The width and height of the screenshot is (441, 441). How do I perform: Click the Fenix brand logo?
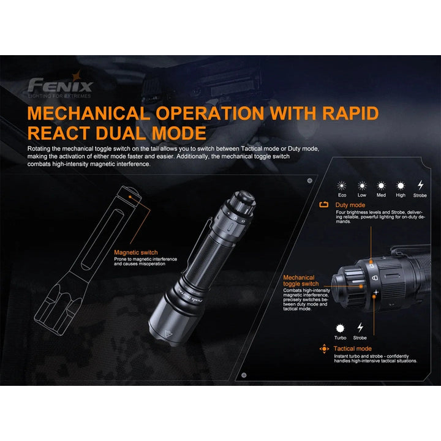tap(59, 86)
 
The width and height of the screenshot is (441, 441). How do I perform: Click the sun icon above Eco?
tap(342, 185)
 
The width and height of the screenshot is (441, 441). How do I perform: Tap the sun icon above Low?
tap(361, 185)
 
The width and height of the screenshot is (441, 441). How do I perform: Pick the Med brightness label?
tap(381, 195)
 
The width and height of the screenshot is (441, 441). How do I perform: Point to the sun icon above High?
tap(401, 185)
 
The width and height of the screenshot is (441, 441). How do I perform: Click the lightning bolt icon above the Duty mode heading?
tap(420, 185)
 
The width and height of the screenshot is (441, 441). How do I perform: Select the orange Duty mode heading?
tap(350, 205)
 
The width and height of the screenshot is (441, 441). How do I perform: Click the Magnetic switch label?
tap(135, 252)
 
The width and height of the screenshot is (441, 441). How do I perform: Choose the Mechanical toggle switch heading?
tap(301, 281)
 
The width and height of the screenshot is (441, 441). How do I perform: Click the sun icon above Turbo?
tap(341, 327)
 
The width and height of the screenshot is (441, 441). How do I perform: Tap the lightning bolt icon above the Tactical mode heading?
tap(360, 327)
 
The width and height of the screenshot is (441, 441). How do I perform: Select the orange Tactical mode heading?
tap(353, 349)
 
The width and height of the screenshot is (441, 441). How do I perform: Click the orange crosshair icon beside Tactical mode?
tap(325, 349)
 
